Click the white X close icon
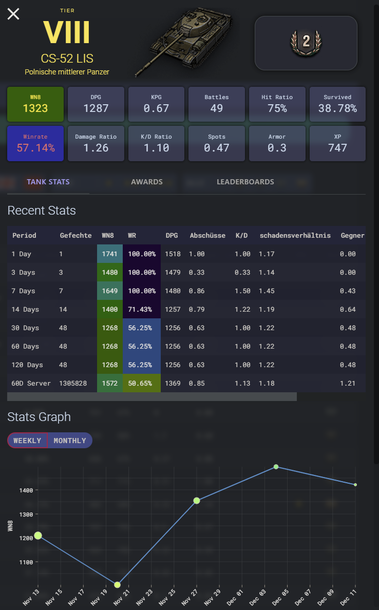(x=13, y=14)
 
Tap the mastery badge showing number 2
(x=306, y=43)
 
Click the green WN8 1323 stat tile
(x=35, y=104)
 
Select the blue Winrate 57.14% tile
(x=35, y=143)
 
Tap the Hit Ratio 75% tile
(x=277, y=104)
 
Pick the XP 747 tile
(x=337, y=143)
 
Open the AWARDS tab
(x=147, y=182)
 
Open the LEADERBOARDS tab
(x=245, y=182)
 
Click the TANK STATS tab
(x=48, y=182)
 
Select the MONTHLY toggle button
(x=70, y=441)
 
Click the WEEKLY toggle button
(x=27, y=441)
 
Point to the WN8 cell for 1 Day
(x=110, y=254)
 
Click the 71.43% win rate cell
(x=142, y=309)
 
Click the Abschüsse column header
(x=207, y=235)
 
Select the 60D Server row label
(x=31, y=383)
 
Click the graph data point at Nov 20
(x=117, y=585)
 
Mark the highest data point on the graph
(x=276, y=467)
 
